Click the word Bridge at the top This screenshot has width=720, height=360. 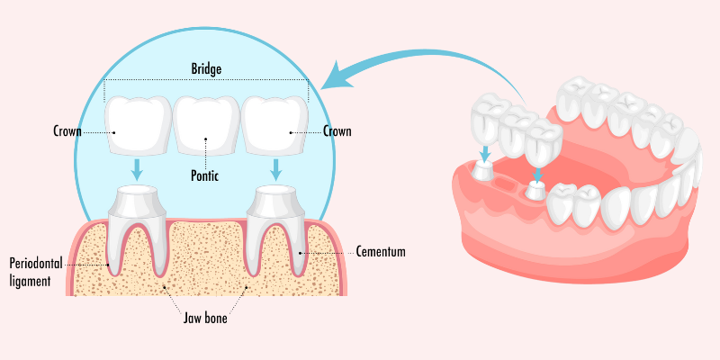coord(206,68)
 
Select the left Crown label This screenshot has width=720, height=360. coord(67,131)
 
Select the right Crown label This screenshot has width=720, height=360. coord(337,131)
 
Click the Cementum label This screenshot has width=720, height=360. coord(381,252)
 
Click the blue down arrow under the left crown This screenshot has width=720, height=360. coord(137,169)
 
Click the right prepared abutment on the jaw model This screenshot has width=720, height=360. coord(537,190)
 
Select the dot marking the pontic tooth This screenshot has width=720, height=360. coord(206,140)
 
